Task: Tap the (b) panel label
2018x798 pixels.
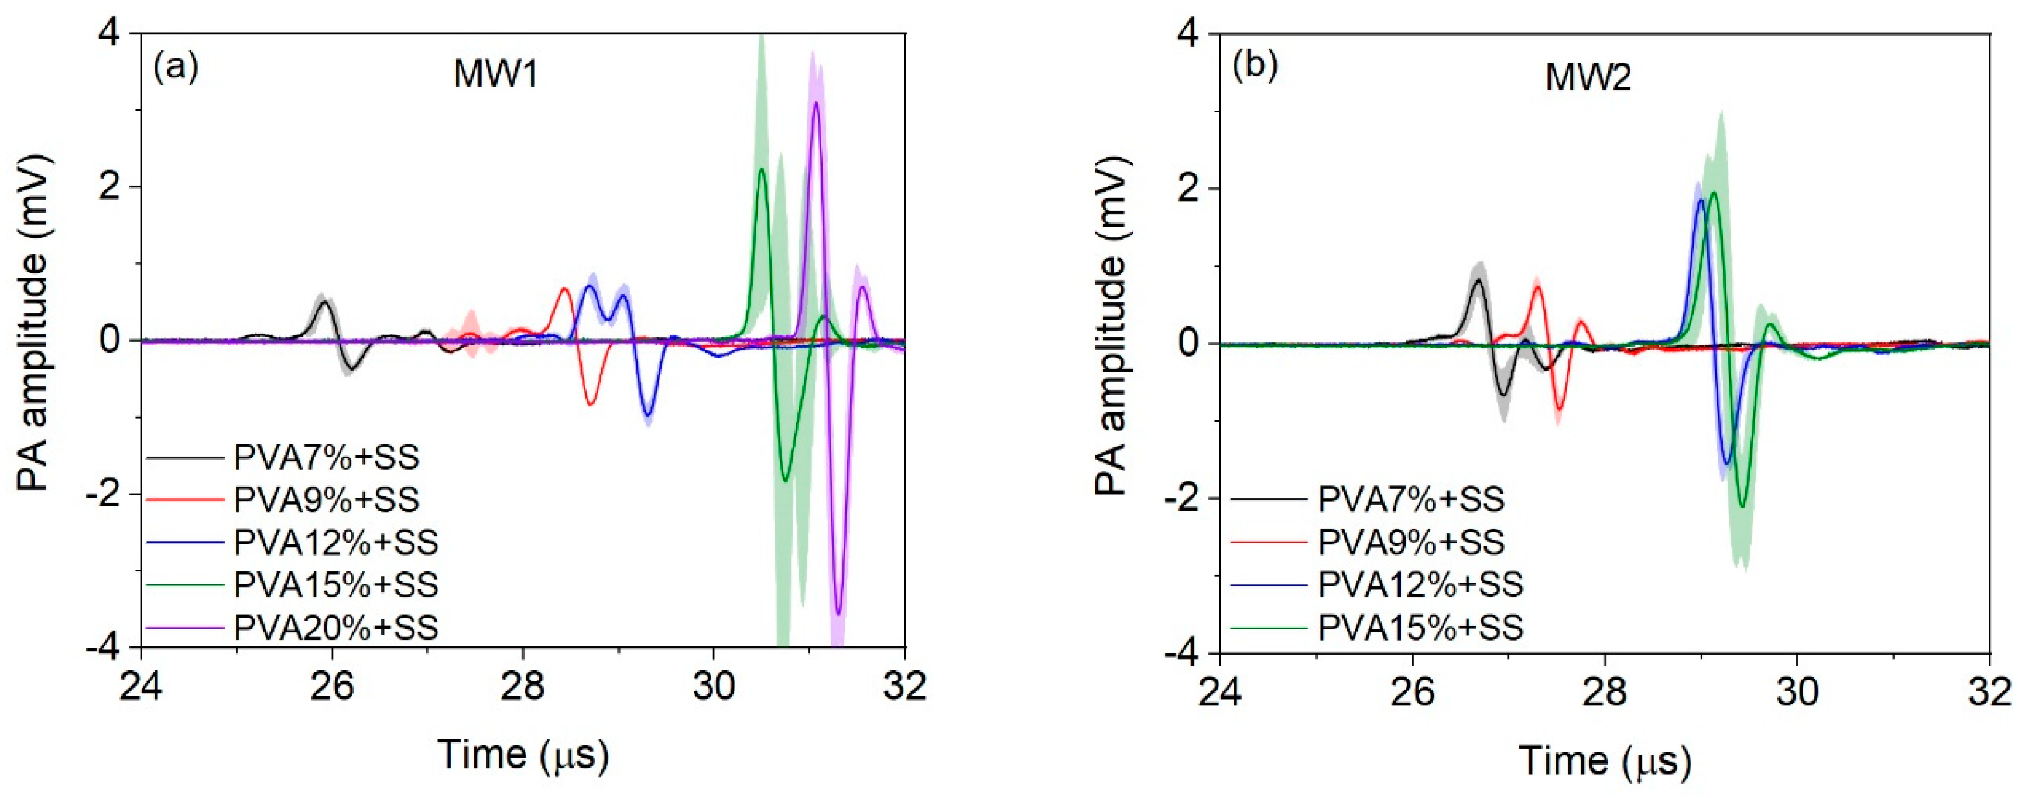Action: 1255,67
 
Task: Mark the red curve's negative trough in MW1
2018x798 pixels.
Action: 591,404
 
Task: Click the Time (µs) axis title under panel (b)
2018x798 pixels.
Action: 1605,761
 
